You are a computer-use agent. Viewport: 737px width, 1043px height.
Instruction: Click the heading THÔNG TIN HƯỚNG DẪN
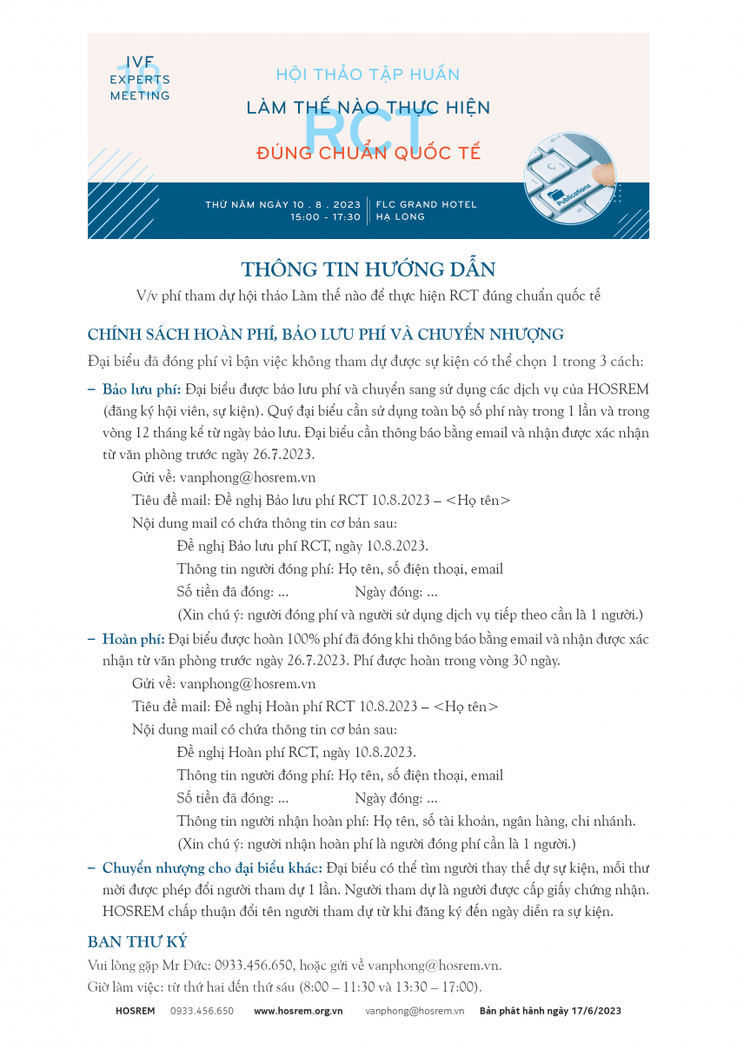point(368,268)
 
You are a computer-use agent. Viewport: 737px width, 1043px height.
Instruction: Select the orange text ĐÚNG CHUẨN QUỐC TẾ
point(368,154)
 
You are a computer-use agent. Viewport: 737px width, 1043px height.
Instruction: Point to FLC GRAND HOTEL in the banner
point(426,204)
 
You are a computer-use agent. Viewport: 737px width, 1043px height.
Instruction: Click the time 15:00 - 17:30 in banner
point(325,217)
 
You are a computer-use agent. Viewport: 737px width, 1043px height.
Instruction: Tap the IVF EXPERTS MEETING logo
point(140,79)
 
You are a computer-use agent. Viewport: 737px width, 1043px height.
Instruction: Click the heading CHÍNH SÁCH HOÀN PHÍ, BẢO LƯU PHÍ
point(325,335)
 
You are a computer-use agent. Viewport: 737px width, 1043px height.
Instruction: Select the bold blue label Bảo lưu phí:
point(142,388)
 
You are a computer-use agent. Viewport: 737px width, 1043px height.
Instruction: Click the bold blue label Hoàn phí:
point(134,640)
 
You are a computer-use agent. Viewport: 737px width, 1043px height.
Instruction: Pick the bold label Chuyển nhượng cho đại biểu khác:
point(212,868)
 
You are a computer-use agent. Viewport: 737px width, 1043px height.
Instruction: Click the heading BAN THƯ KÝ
point(137,942)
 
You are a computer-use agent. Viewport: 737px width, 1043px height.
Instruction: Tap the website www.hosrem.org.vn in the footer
point(298,1011)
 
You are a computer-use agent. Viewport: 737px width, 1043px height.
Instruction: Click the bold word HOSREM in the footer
point(135,1011)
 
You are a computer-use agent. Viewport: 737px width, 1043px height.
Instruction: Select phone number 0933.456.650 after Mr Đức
point(252,966)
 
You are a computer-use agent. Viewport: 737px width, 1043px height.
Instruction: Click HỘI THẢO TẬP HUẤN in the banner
point(368,75)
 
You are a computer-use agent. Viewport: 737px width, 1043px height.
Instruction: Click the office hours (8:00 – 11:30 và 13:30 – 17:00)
point(388,987)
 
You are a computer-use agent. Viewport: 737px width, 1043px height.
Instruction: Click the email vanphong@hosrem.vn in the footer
point(415,1011)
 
